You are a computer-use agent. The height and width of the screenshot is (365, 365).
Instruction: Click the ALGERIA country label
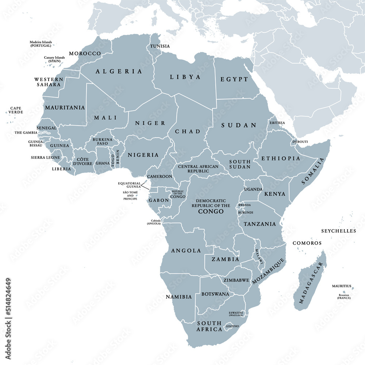click(x=119, y=72)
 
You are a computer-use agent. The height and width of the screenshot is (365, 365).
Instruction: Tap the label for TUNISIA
click(x=160, y=46)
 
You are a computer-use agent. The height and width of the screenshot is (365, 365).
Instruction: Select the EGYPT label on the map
click(x=234, y=79)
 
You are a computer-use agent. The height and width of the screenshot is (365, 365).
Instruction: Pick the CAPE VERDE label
click(x=16, y=110)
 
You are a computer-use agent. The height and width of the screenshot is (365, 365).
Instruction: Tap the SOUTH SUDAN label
click(x=240, y=164)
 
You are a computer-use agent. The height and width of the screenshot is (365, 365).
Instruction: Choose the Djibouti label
click(x=300, y=142)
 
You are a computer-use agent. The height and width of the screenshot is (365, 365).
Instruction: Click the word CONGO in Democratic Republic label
click(x=211, y=211)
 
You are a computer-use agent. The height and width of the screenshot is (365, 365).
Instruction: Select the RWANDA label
click(x=244, y=205)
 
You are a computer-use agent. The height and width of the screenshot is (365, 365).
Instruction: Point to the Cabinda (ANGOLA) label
click(x=153, y=222)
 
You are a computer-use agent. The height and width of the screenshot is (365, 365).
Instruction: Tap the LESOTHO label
click(x=232, y=326)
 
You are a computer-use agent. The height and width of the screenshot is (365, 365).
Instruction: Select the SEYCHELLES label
click(x=338, y=231)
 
